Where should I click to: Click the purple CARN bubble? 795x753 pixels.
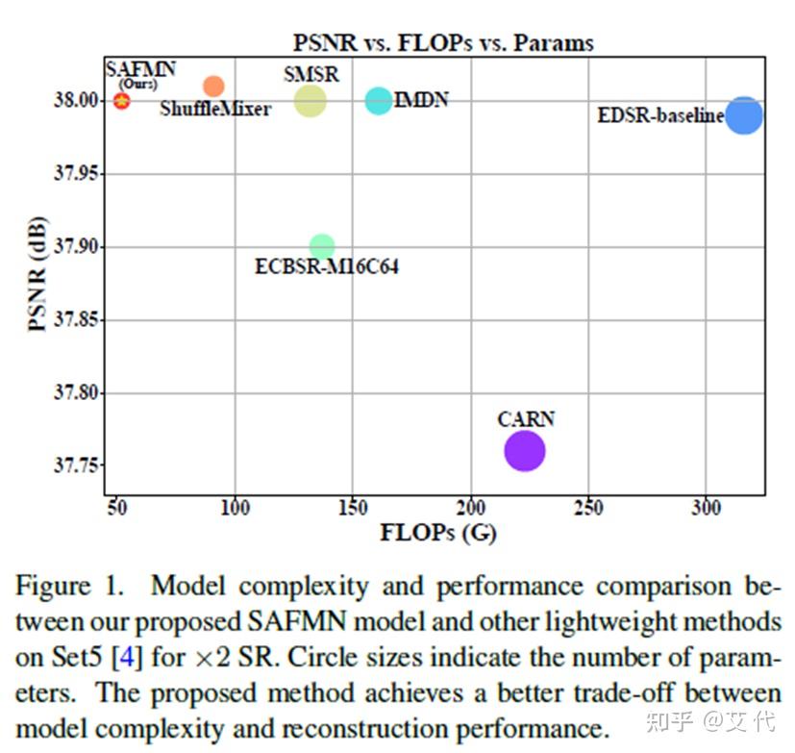pos(524,451)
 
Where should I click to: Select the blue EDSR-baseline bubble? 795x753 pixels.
pos(743,115)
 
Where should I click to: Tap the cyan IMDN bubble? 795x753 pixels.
pos(379,100)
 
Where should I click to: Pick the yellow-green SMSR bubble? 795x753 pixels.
pos(310,100)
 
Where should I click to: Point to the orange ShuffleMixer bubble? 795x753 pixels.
pos(213,86)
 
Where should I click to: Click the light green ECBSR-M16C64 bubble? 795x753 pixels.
pos(322,247)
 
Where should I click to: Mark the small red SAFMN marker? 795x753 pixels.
pos(121,100)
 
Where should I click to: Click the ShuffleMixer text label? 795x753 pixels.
pos(214,110)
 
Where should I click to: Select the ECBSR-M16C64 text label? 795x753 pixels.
pos(326,267)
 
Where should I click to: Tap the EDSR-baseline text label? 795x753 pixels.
pos(660,116)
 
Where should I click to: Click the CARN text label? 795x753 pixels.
pos(526,419)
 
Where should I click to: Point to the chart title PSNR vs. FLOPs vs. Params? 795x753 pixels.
pos(443,43)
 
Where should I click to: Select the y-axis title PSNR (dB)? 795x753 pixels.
pos(38,272)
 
